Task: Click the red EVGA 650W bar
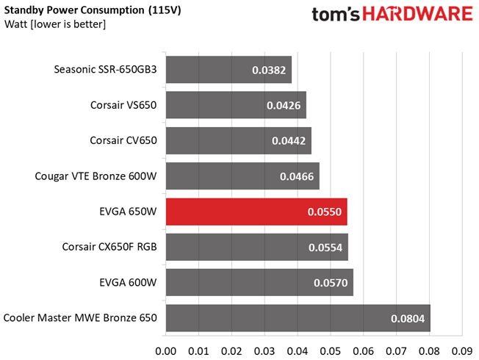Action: pos(256,212)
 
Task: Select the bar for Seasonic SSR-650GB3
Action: pos(228,70)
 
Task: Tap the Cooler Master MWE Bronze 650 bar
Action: pos(298,318)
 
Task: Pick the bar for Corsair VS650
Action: pos(236,105)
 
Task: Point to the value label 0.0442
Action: pos(291,141)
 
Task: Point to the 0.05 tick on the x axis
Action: pos(330,349)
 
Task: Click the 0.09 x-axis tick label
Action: pos(461,349)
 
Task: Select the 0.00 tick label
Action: pos(166,349)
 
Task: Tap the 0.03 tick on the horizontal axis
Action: pos(264,349)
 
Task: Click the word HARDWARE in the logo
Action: pos(415,15)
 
